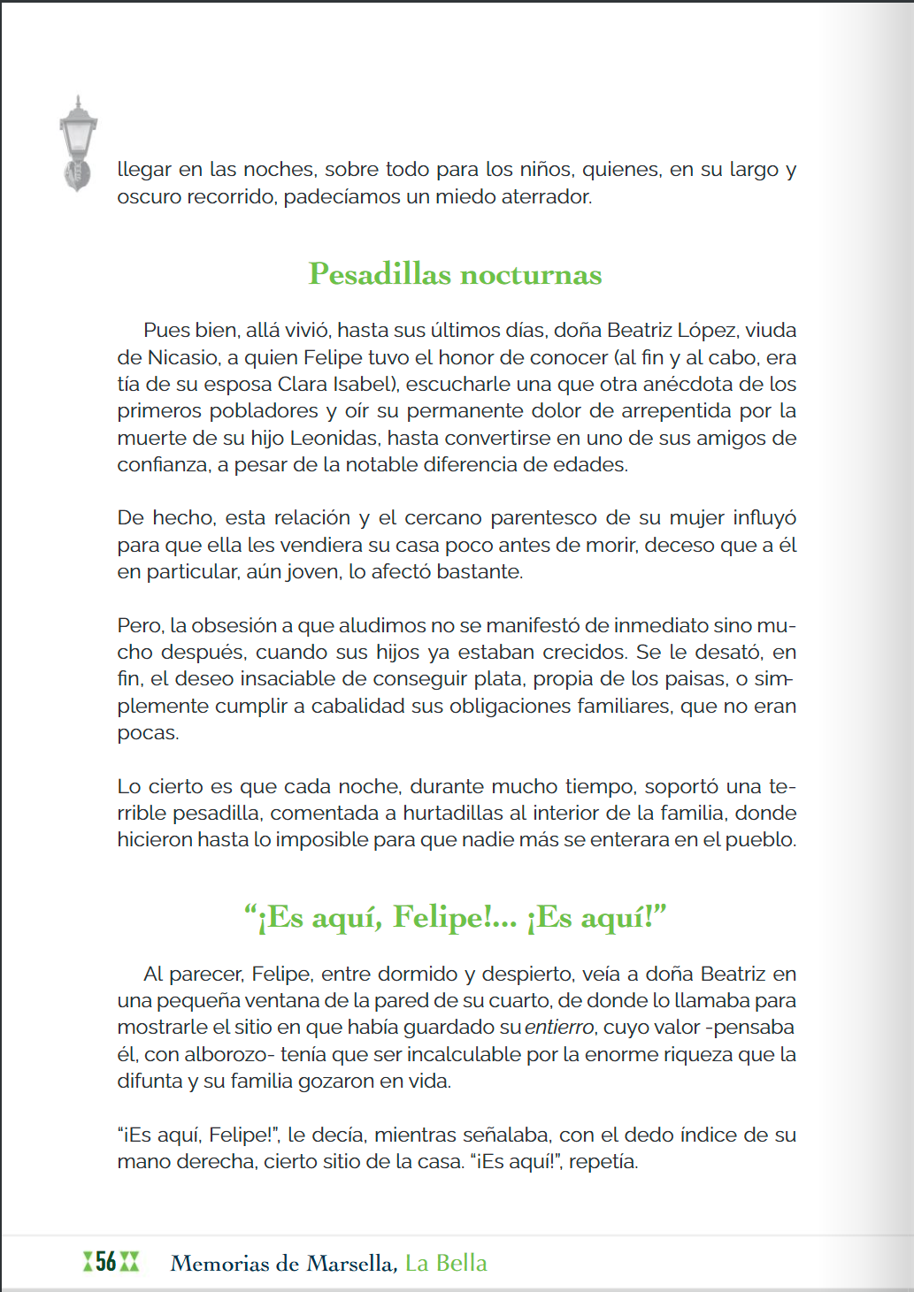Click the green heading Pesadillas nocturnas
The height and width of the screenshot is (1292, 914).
[x=455, y=274]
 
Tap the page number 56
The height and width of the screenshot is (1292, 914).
[x=106, y=1262]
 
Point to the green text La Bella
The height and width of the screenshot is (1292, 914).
[x=446, y=1263]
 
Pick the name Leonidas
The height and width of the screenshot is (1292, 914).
[x=335, y=438]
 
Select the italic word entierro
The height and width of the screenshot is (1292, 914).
[x=559, y=1028]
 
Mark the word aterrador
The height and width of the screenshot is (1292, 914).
[x=546, y=196]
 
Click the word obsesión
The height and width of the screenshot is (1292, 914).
[x=234, y=625]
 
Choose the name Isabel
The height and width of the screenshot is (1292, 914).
[x=364, y=384]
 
